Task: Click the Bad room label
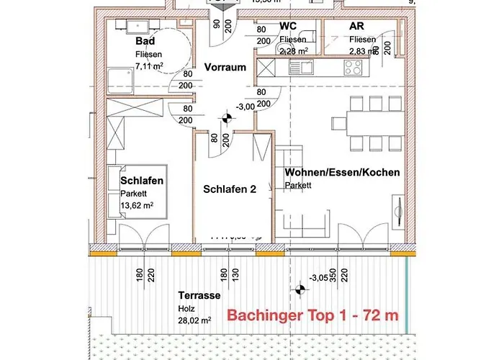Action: pos(146,42)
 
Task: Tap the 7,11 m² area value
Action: pos(150,66)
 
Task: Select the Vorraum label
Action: pos(225,67)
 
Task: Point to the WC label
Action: pos(289,27)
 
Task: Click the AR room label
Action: pos(357,27)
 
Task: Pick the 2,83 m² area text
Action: pos(364,51)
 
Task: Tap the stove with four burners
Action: pos(354,68)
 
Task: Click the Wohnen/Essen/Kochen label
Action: pos(342,173)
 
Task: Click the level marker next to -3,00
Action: pos(228,116)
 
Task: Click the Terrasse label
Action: pos(198,296)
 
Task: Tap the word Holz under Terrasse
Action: pos(186,309)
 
